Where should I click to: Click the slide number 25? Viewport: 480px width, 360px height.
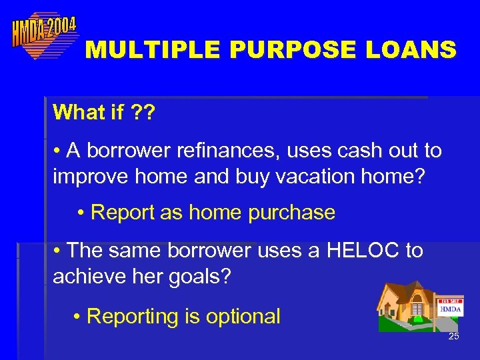click(x=453, y=337)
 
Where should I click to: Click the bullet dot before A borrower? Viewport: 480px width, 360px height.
click(x=58, y=151)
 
